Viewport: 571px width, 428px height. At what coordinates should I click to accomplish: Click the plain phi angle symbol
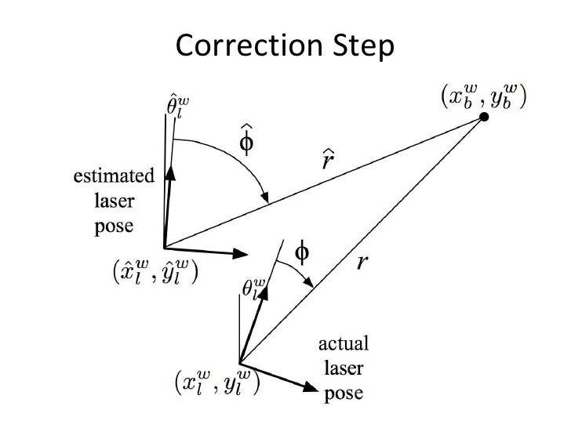pyautogui.click(x=300, y=252)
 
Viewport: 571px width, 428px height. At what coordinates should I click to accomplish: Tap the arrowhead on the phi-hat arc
pyautogui.click(x=267, y=198)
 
